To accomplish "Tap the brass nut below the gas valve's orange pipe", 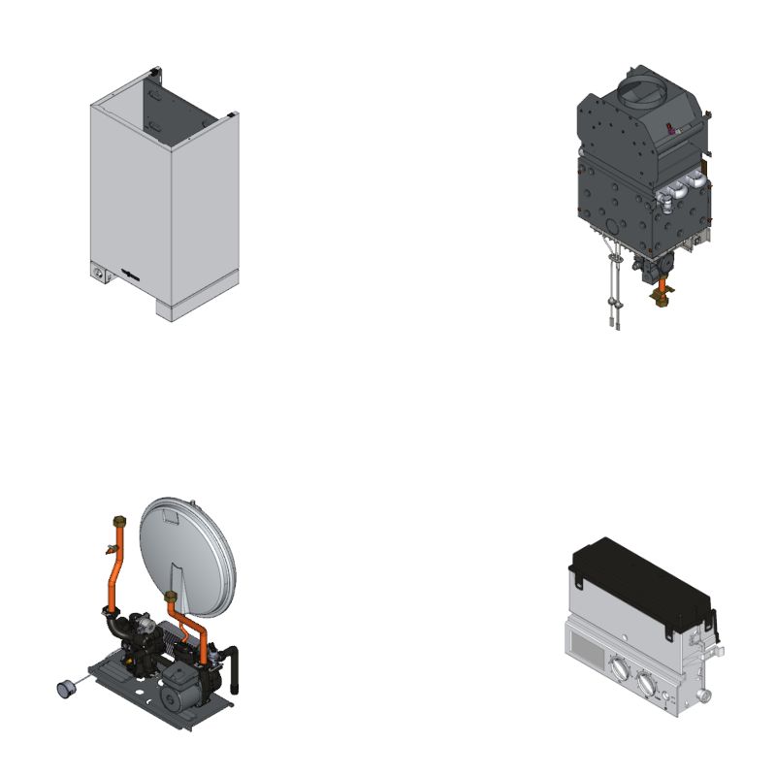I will (663, 302).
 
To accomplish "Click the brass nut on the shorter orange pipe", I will (172, 595).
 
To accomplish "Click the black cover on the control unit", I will (640, 582).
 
